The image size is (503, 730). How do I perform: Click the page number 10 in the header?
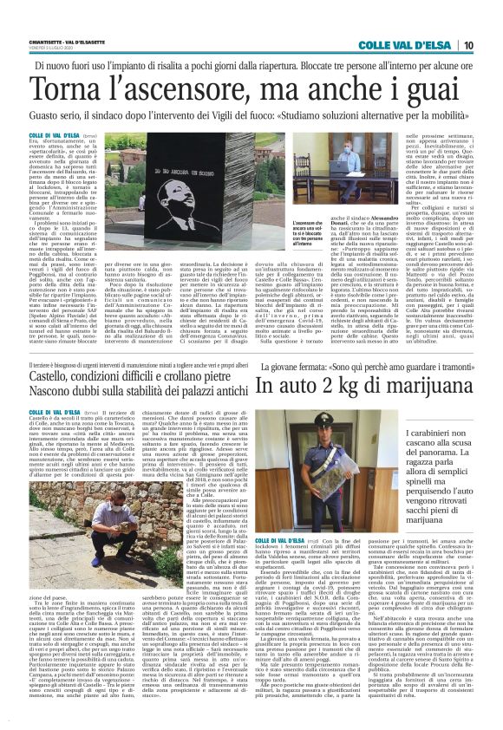click(492, 45)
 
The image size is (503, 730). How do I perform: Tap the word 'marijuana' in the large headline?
click(431, 386)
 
